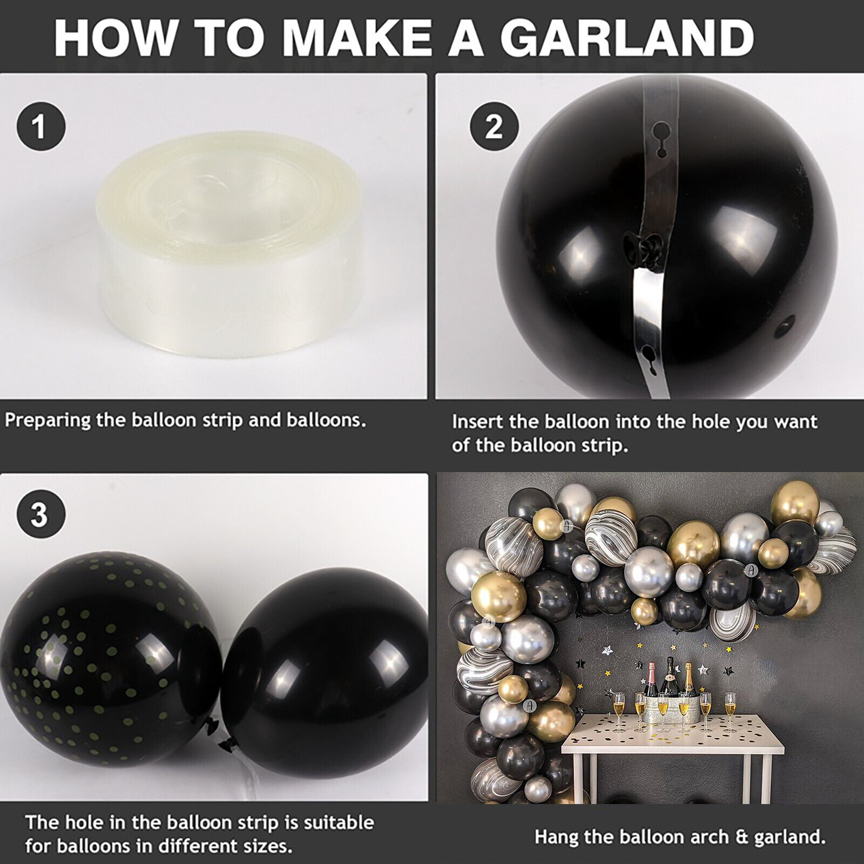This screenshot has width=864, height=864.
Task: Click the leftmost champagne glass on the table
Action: (618, 709)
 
